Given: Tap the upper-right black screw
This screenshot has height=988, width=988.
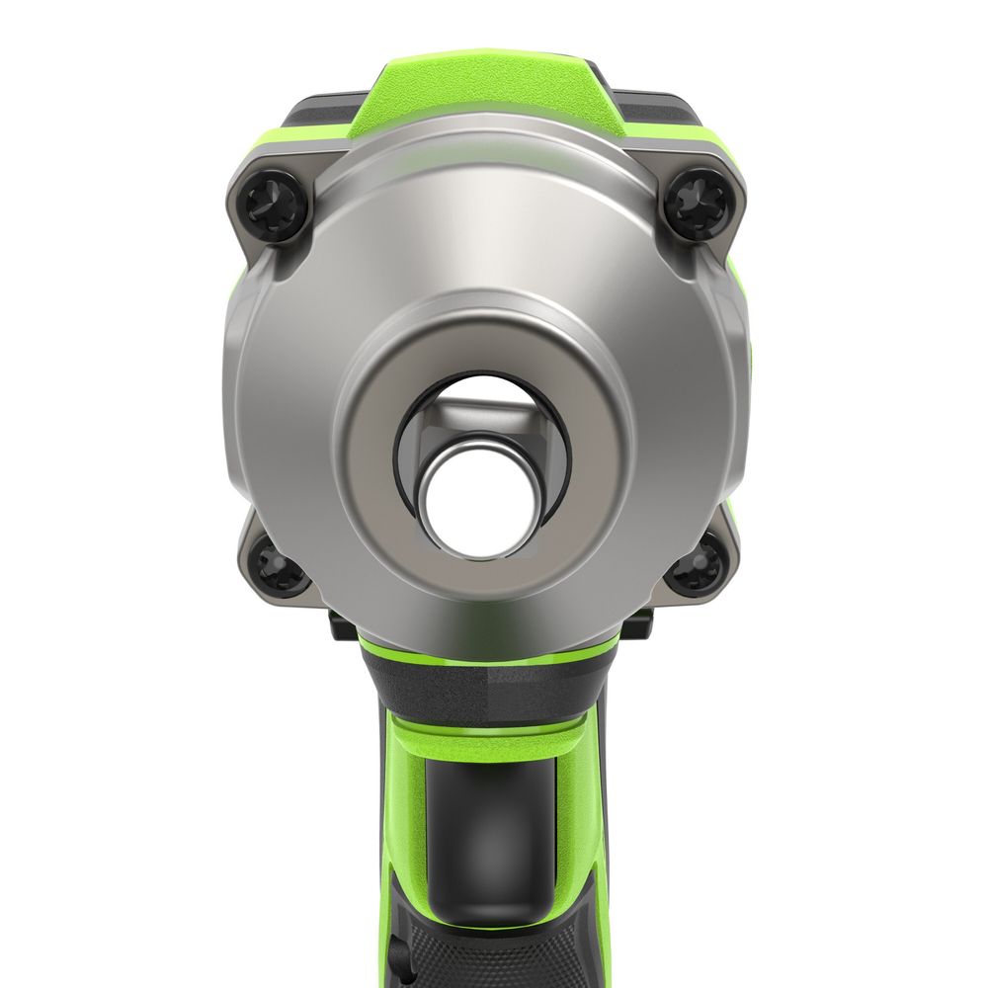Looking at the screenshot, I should click(x=698, y=202).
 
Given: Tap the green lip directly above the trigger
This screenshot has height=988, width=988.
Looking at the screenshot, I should click(x=489, y=736).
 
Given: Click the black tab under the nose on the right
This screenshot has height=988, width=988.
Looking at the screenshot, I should click(x=637, y=622).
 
